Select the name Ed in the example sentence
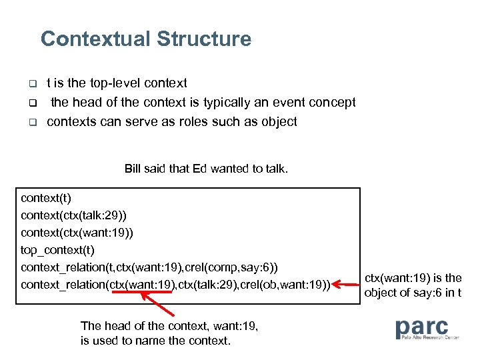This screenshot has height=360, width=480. [x=199, y=169]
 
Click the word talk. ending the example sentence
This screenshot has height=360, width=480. [x=275, y=169]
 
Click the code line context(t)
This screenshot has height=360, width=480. [x=45, y=198]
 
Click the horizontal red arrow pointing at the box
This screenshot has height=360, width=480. [x=347, y=285]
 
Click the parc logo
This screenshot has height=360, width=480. [x=427, y=329]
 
